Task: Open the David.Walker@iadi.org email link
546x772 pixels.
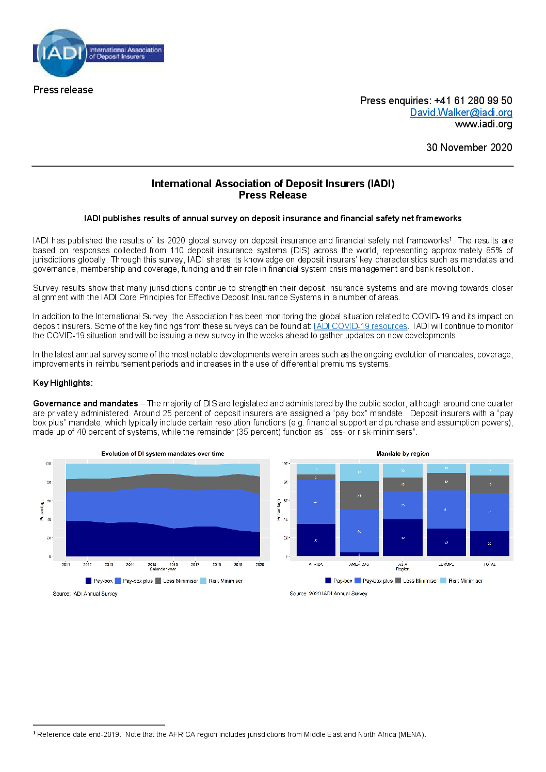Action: click(x=461, y=112)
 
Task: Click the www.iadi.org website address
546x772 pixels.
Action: click(x=483, y=124)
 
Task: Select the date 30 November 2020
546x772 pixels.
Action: click(x=469, y=148)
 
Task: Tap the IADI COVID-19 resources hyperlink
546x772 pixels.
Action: click(x=360, y=326)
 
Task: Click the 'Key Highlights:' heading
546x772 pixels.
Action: click(x=63, y=383)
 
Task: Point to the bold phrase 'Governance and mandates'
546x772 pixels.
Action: click(x=86, y=404)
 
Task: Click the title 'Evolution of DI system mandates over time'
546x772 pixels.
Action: click(x=163, y=454)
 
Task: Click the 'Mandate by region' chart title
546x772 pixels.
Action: click(x=403, y=454)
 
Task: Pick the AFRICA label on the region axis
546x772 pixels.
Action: click(x=316, y=564)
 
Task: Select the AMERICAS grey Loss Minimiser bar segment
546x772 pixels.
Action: click(x=359, y=496)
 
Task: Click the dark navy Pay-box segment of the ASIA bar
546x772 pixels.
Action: click(x=403, y=537)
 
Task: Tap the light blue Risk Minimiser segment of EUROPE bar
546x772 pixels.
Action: click(x=446, y=468)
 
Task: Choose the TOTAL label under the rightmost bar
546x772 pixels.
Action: click(x=490, y=564)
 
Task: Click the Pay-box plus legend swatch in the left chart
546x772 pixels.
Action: click(x=118, y=581)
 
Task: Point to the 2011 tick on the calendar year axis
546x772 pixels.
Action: click(x=66, y=564)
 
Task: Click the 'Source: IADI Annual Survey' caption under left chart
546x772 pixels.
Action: click(x=85, y=594)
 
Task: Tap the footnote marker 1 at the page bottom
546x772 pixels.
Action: click(x=35, y=733)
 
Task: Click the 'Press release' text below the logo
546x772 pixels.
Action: click(x=63, y=90)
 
